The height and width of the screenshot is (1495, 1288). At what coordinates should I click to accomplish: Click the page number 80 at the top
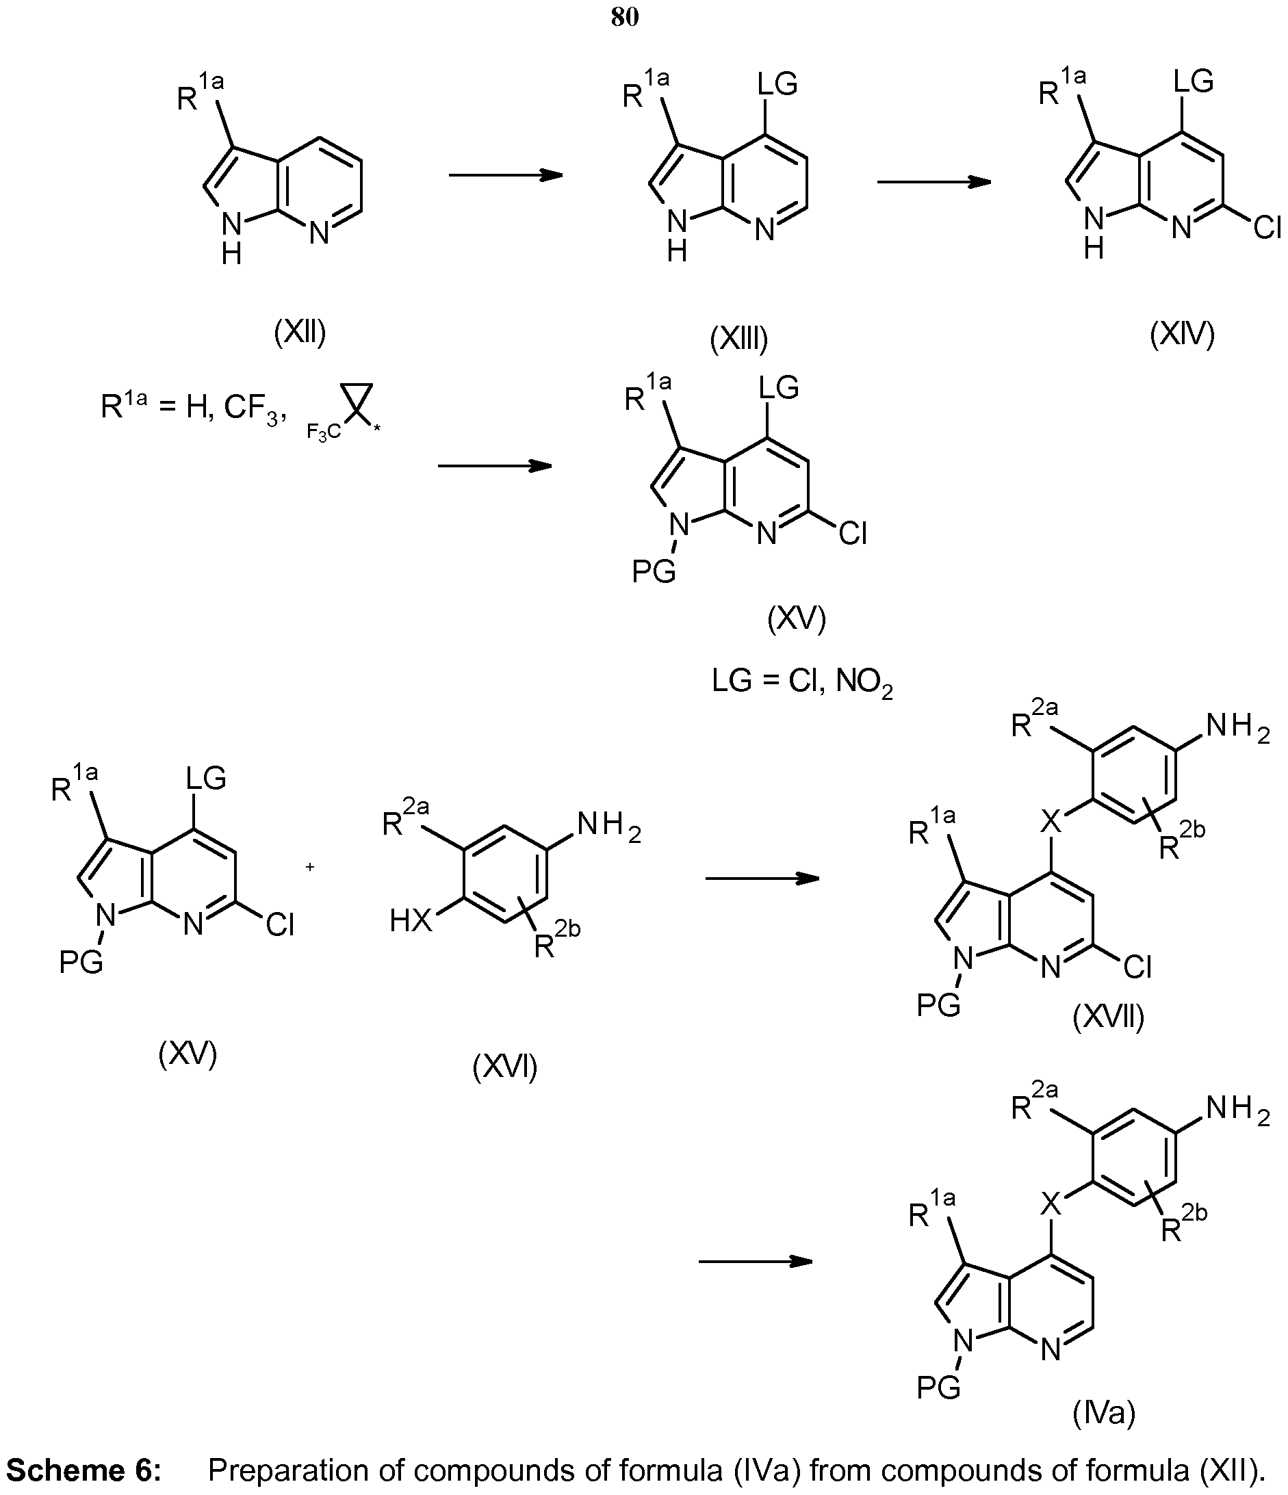[x=625, y=17]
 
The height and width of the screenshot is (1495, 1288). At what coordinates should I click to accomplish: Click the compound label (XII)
[x=300, y=333]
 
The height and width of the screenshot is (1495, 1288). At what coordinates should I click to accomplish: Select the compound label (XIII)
[x=739, y=339]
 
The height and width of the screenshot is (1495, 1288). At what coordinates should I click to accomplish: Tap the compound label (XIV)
[x=1183, y=333]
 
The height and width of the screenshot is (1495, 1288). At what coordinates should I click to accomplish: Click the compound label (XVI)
[x=505, y=1067]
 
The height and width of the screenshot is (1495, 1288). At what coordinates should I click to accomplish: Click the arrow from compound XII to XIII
[x=506, y=175]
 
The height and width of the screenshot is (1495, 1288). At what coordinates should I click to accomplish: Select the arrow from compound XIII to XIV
[x=934, y=182]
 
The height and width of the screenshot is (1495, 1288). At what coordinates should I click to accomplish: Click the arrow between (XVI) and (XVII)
[x=762, y=878]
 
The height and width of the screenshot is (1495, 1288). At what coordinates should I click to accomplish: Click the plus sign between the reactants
[x=310, y=866]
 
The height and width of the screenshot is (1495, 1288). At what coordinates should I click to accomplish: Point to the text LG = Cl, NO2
[x=802, y=683]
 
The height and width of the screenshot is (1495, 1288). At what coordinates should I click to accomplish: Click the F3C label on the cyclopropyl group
[x=323, y=433]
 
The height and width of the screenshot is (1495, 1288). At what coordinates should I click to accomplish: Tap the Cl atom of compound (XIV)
[x=1267, y=229]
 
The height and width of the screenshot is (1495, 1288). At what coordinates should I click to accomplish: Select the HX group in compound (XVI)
[x=411, y=922]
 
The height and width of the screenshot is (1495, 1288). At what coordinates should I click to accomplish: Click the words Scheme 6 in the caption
[x=83, y=1470]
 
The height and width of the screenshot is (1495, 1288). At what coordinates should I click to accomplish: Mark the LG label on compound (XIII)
[x=777, y=84]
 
